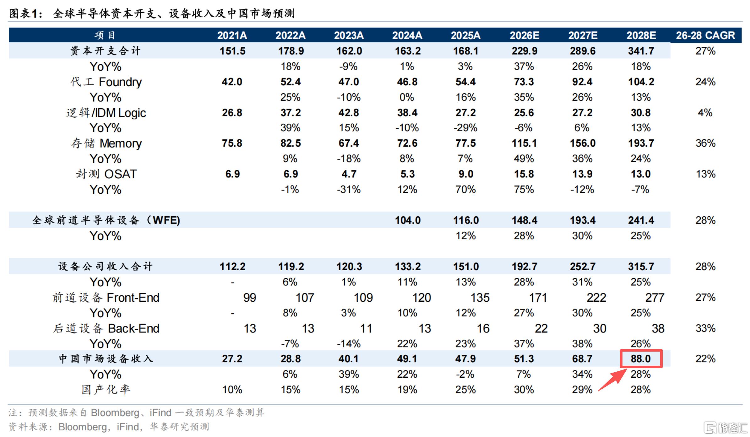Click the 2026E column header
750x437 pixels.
[x=524, y=35]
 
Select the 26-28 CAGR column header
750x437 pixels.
[x=705, y=35]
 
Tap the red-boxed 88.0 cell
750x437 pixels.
[x=641, y=359]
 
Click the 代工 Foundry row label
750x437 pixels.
[x=106, y=82]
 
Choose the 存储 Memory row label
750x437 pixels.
[x=106, y=143]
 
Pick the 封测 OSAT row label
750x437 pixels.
[x=106, y=174]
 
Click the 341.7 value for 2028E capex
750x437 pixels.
[x=641, y=51]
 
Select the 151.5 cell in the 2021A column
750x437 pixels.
[x=232, y=51]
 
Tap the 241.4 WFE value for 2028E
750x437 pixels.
[x=641, y=220]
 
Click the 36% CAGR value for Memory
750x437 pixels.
[x=705, y=143]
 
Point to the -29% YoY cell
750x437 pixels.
[x=465, y=128]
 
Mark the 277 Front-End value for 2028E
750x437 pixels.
[x=655, y=297]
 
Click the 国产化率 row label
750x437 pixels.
[x=106, y=390]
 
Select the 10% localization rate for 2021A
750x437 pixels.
[x=232, y=390]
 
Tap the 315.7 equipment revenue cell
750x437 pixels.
[x=641, y=267]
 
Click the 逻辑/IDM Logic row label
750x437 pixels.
[x=106, y=113]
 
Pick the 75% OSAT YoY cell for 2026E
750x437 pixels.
[x=524, y=189]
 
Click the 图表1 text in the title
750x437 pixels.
[x=25, y=13]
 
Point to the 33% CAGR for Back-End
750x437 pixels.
[x=705, y=328]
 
